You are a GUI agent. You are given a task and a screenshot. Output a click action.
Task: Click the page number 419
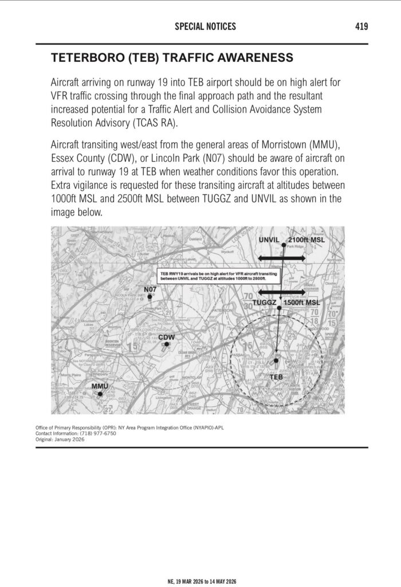[x=361, y=26]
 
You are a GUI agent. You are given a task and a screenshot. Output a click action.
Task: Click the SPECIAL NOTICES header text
[x=205, y=26]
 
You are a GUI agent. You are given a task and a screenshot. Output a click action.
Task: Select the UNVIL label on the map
[x=269, y=240]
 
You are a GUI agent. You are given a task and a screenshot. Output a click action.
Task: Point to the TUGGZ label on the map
[x=265, y=302]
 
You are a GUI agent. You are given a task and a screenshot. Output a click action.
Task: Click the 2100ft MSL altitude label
[x=306, y=240]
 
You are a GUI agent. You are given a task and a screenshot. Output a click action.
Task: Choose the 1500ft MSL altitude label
[x=302, y=302]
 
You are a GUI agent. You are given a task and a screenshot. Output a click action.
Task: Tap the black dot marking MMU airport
[x=100, y=394]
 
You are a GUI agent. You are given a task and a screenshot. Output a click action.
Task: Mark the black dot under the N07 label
[x=149, y=297]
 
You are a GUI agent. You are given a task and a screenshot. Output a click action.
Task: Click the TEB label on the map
[x=276, y=377]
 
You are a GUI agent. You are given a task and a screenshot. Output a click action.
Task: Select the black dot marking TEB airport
[x=276, y=361]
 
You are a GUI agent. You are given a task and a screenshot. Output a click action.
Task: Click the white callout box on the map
[x=219, y=276]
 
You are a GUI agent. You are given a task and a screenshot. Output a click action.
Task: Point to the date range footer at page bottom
[x=200, y=581]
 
